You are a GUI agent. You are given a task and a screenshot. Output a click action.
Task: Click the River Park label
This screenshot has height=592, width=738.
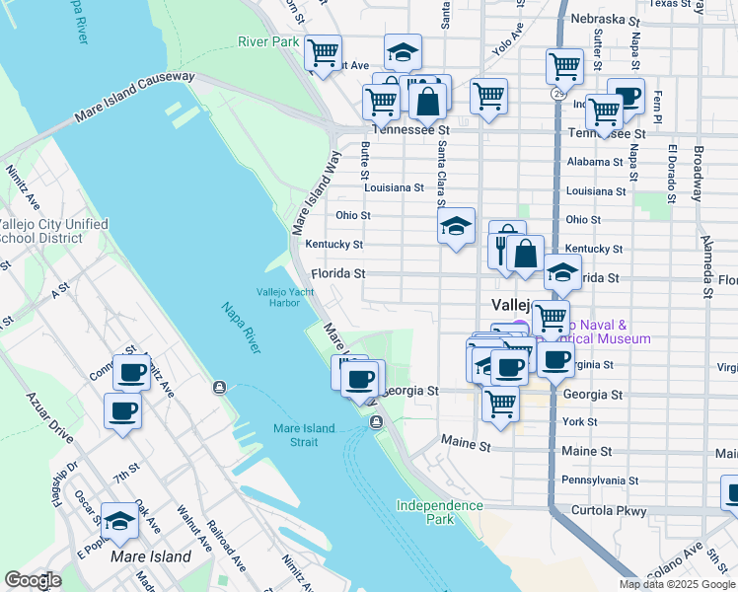click(x=268, y=41)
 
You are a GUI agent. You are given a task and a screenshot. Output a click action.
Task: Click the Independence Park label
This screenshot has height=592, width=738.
click(x=440, y=512)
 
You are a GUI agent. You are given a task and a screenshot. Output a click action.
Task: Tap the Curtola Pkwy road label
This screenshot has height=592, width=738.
click(x=609, y=511)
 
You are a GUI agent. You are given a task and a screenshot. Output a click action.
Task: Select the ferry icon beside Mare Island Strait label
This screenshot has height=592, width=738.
click(x=376, y=423)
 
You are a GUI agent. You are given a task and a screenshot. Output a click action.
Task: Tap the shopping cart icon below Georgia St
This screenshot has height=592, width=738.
click(x=501, y=403)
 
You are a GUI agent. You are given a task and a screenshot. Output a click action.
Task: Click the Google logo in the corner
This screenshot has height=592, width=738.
click(x=33, y=580)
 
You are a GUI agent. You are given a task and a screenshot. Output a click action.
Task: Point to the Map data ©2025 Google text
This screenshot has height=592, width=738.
click(x=677, y=584)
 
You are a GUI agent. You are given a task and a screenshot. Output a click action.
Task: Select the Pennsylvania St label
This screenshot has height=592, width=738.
click(x=607, y=480)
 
